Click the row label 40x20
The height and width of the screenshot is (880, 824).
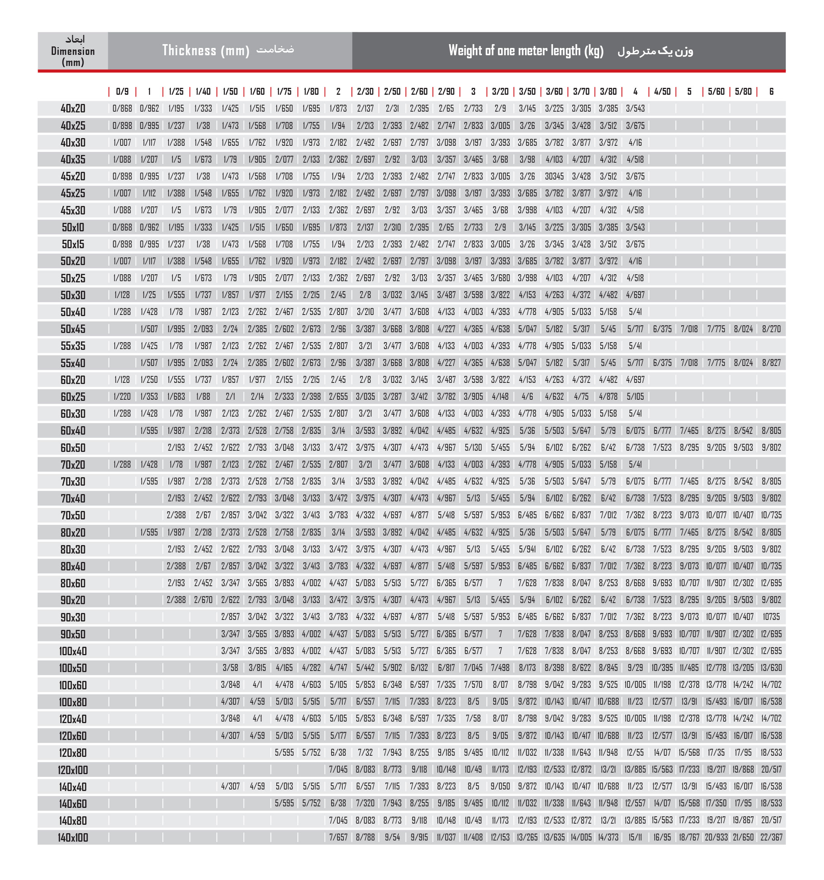(x=73, y=109)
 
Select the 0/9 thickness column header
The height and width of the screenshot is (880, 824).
(x=122, y=92)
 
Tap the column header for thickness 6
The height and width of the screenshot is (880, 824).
(x=771, y=92)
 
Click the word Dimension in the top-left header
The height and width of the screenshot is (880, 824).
(x=73, y=51)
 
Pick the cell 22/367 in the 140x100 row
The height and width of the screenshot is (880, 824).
(x=771, y=837)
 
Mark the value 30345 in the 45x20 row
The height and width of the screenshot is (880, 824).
(x=554, y=176)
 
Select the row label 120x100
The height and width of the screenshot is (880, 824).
(x=73, y=770)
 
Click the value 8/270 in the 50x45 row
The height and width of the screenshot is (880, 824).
(x=771, y=329)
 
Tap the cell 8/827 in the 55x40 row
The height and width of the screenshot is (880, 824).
(x=771, y=363)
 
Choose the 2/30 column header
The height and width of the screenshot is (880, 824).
(x=365, y=92)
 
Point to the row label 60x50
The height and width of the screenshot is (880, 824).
(x=73, y=448)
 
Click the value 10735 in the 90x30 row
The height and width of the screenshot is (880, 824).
(x=771, y=616)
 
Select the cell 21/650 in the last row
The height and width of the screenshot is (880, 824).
(x=743, y=837)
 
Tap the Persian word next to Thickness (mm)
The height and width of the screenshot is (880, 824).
(x=275, y=49)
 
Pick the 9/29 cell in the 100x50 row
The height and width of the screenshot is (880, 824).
(x=636, y=667)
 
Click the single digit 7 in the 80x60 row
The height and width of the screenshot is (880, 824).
(x=500, y=583)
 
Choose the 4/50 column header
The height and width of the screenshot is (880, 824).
(x=662, y=92)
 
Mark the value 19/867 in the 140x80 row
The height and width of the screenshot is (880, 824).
(x=743, y=820)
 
